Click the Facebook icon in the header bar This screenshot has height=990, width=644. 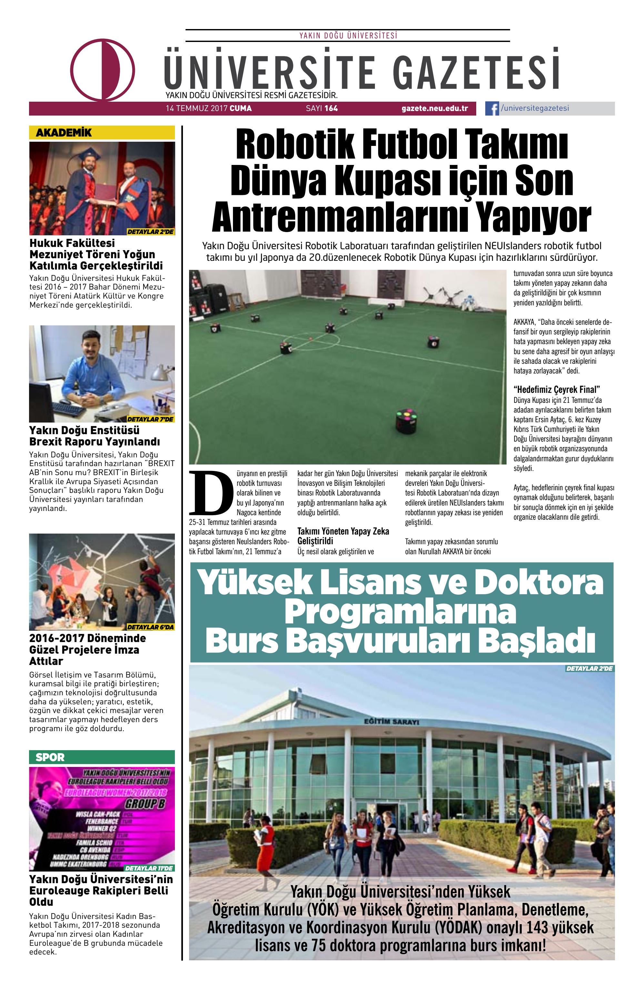(492, 108)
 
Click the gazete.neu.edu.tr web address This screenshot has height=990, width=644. (435, 108)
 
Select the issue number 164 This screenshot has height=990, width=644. (331, 108)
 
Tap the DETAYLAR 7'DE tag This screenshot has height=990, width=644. (150, 419)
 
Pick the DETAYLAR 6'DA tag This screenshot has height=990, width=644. (150, 627)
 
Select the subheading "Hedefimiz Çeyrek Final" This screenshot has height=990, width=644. (557, 390)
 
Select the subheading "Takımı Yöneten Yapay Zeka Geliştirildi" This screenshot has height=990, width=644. (343, 536)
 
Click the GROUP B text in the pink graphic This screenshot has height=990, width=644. (145, 804)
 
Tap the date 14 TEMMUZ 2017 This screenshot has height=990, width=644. (196, 108)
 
